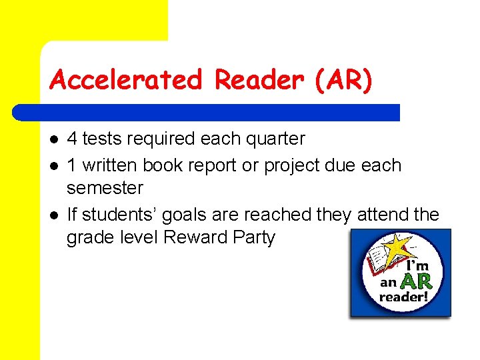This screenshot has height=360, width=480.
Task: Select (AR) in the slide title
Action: (341, 80)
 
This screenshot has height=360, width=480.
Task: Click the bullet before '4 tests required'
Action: (54, 139)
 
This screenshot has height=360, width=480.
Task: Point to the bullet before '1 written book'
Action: (54, 165)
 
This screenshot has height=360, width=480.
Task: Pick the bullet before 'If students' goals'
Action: (54, 215)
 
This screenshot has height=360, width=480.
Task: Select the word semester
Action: (105, 188)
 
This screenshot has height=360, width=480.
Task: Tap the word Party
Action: (253, 237)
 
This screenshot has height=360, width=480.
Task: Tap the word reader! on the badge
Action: (404, 297)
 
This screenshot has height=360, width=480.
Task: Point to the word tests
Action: (101, 139)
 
